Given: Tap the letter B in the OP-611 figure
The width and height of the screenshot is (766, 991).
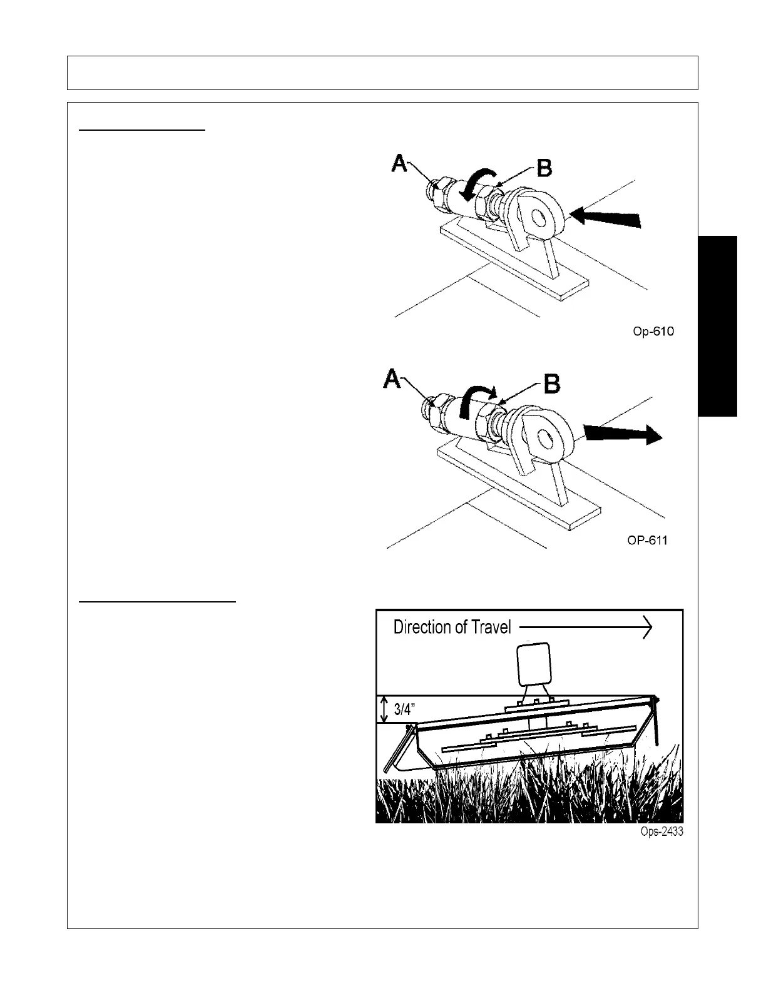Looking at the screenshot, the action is (x=551, y=384).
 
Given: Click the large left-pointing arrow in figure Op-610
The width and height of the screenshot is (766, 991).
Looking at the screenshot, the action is (x=605, y=218).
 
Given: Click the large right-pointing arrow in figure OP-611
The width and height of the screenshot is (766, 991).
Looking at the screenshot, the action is (x=623, y=433).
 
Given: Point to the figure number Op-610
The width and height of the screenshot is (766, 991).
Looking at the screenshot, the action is (x=653, y=332).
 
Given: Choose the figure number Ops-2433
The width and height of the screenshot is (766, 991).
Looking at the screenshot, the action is (x=661, y=833).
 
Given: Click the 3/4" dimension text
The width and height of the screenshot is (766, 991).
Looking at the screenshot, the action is (x=409, y=709).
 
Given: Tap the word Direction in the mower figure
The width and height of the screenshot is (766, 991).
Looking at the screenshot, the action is (x=422, y=627).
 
